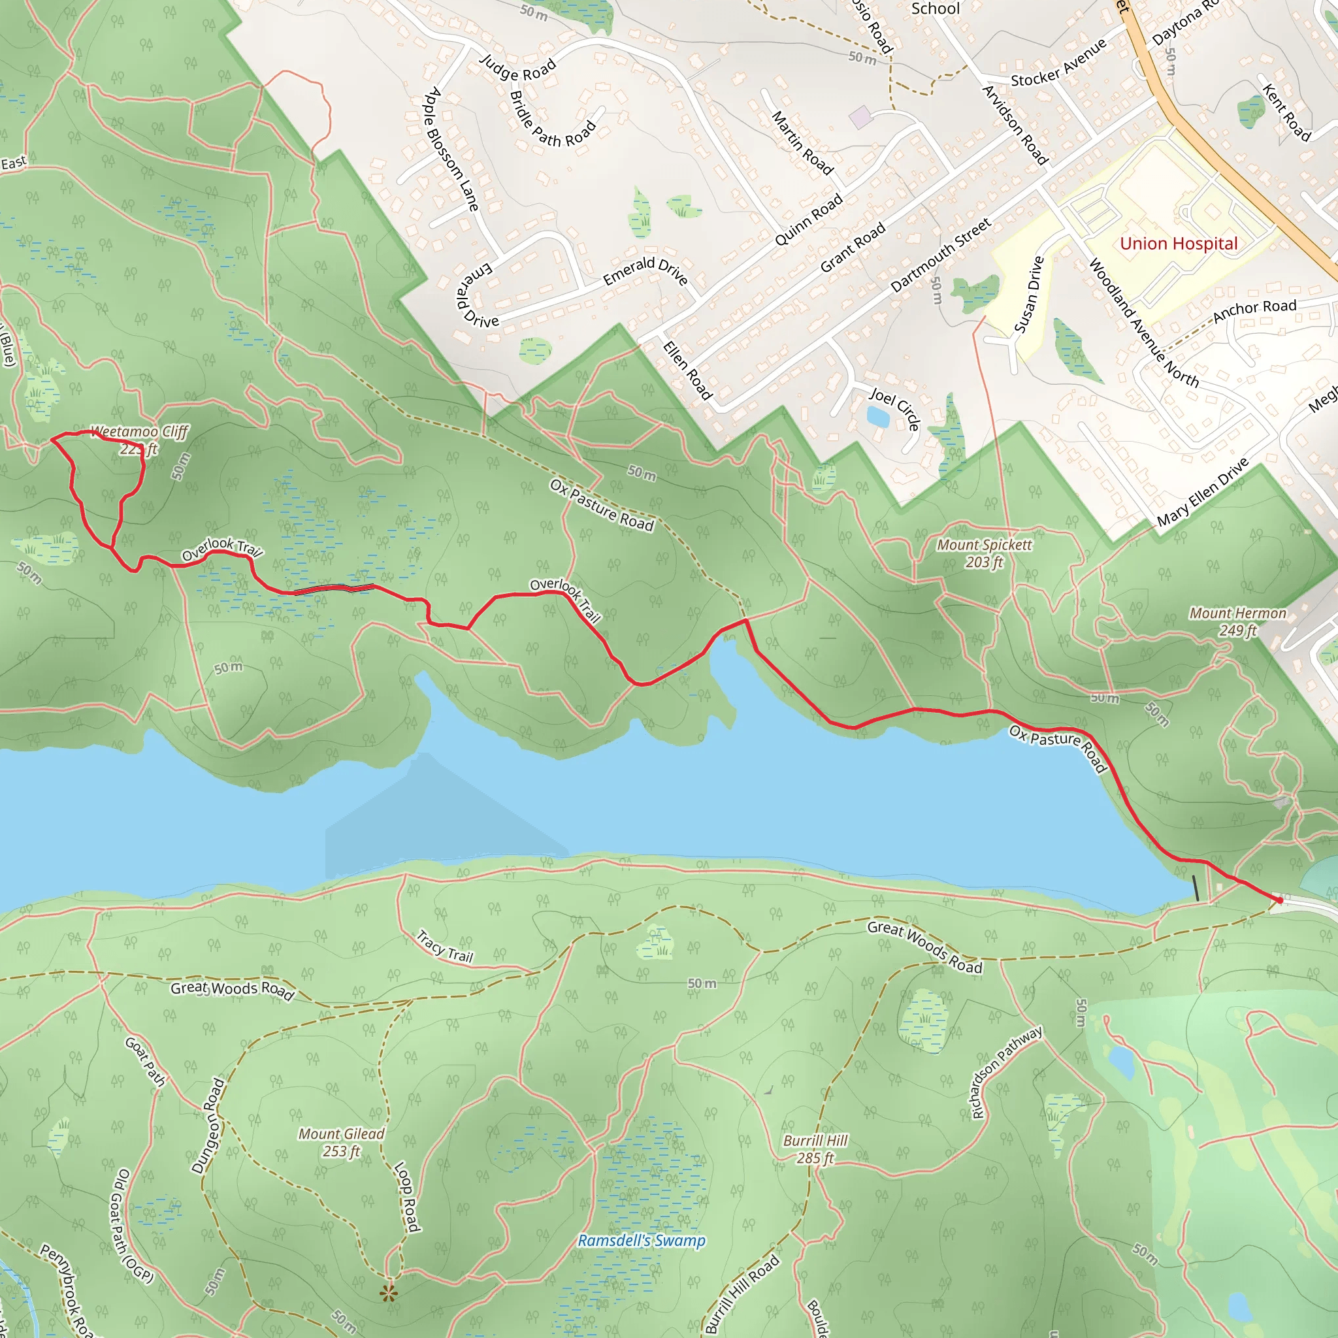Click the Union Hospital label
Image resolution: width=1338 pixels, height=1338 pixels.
point(1178,244)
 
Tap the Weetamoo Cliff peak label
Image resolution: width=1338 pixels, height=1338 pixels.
point(139,440)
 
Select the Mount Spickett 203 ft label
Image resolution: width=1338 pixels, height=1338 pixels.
point(984,553)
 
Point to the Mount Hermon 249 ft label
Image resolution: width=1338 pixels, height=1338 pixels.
point(1237,621)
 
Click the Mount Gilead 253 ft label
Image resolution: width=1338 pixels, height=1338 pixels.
point(341,1142)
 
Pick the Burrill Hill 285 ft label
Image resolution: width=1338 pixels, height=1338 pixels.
point(815,1149)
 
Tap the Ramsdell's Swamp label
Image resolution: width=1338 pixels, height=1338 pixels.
point(642,1241)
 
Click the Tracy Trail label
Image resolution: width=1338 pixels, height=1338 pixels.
point(444,947)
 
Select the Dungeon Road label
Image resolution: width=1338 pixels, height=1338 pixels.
point(208,1125)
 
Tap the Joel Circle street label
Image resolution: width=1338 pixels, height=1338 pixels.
point(896,408)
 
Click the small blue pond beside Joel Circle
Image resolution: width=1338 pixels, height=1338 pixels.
point(877,416)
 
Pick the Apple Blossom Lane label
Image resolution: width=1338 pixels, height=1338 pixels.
point(451,149)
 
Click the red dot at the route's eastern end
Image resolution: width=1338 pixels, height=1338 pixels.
point(1280,900)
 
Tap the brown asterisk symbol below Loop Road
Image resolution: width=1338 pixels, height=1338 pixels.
point(389,1293)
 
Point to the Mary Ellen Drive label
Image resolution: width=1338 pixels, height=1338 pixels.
point(1203,491)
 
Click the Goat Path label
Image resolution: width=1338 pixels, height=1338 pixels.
point(146,1061)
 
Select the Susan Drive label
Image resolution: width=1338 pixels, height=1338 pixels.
point(1028,295)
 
